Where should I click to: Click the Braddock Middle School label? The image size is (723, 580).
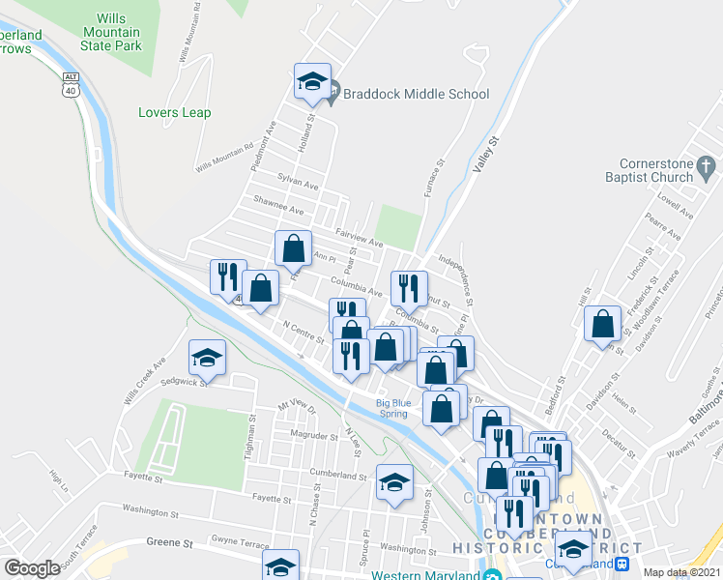click(x=417, y=94)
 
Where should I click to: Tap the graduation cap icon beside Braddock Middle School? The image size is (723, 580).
click(x=312, y=82)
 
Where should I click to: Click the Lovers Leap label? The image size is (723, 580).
click(x=174, y=112)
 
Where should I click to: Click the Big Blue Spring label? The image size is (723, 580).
click(x=392, y=409)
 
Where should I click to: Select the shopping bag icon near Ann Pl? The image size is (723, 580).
click(x=293, y=247)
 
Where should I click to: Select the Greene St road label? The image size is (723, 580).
click(x=163, y=543)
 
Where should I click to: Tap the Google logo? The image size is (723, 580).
click(x=32, y=568)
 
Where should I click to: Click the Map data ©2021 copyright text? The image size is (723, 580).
click(x=681, y=572)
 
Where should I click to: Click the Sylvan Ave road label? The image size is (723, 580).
click(x=298, y=182)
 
